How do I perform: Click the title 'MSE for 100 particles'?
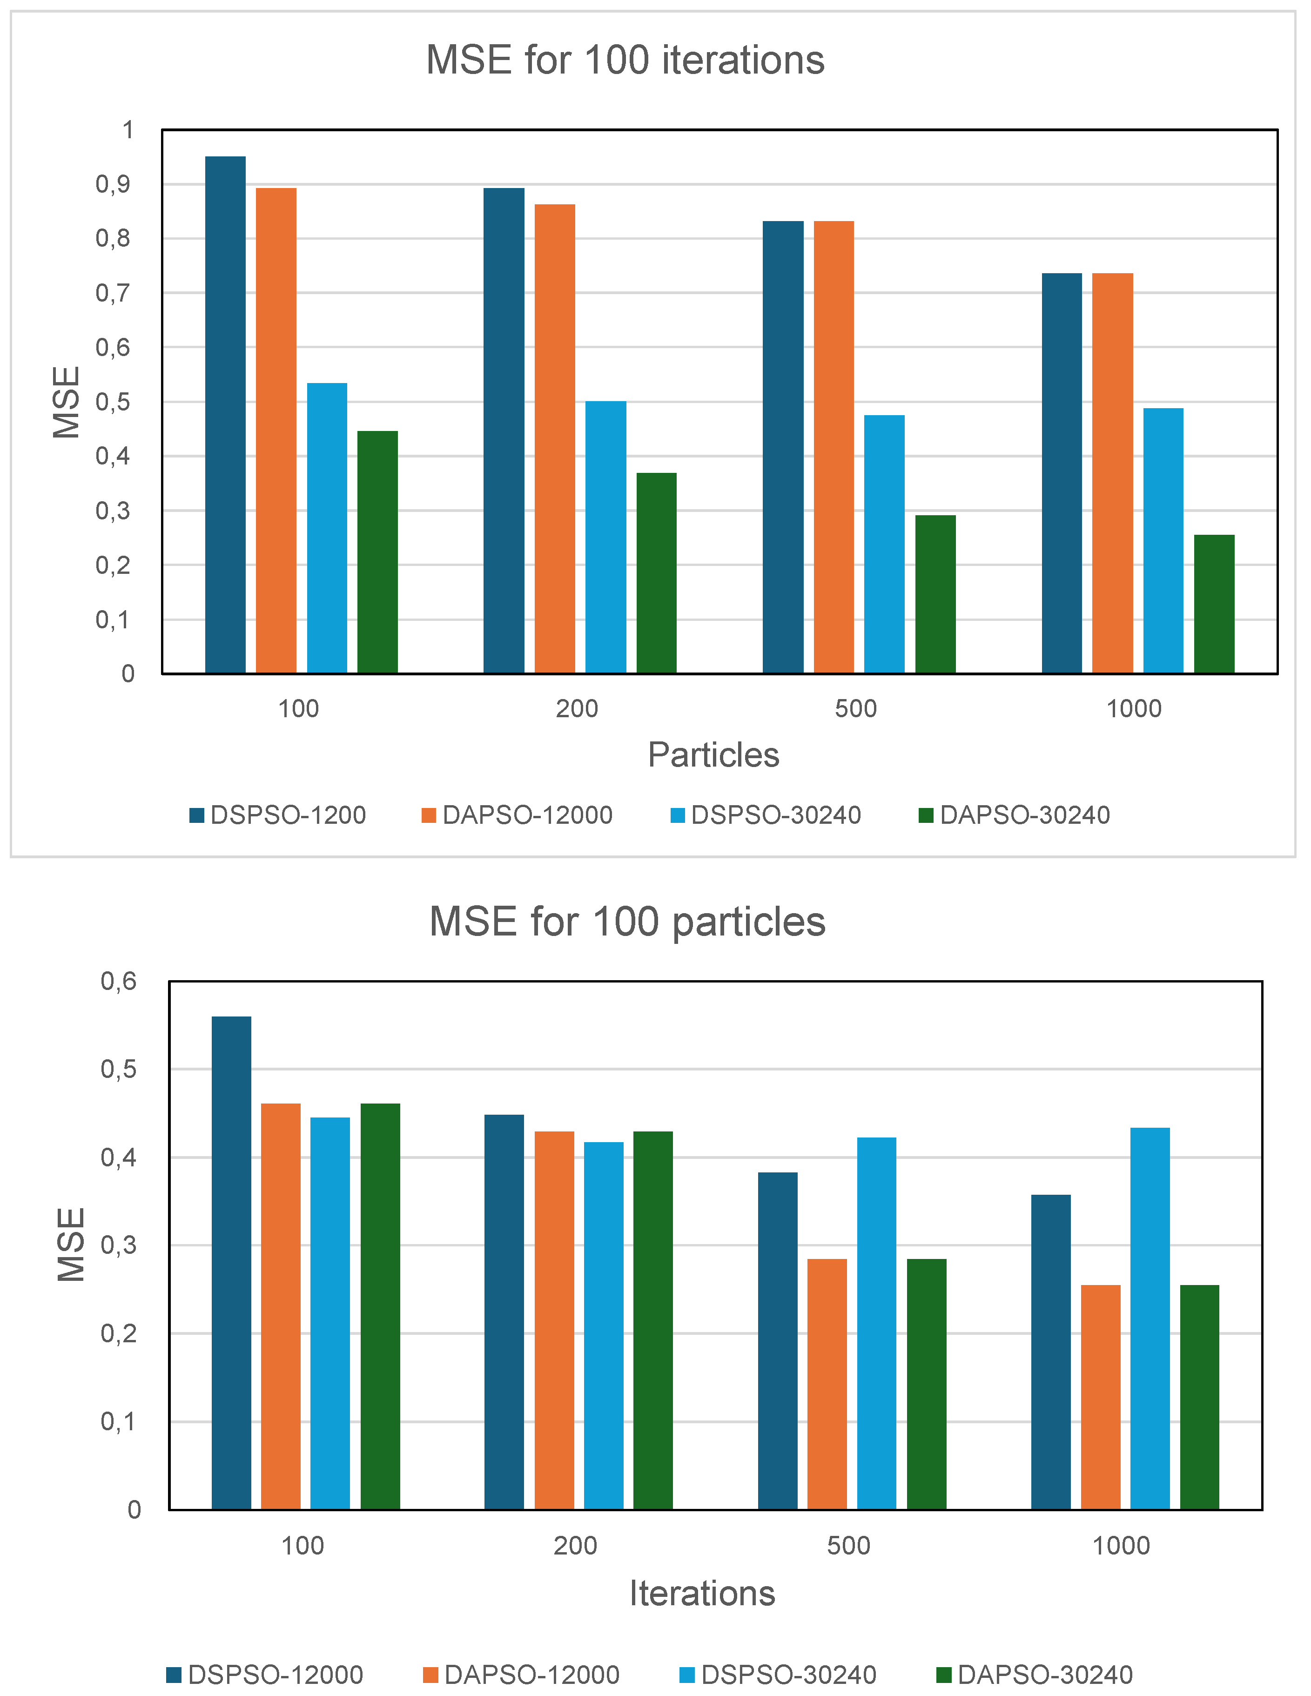tap(627, 922)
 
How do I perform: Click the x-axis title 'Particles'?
tap(713, 755)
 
